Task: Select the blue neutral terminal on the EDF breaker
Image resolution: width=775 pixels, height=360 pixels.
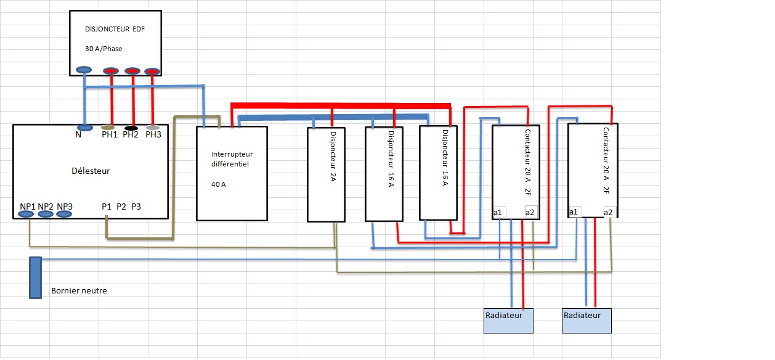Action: (84, 70)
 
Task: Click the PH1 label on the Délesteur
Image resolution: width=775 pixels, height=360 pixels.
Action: (110, 134)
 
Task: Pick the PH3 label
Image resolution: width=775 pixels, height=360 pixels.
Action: (153, 134)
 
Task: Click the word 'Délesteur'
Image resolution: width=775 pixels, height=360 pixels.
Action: (91, 171)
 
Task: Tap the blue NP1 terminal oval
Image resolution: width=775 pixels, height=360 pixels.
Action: (26, 214)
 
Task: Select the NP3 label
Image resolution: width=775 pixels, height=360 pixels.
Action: (65, 206)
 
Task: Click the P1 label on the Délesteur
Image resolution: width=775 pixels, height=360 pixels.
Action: (107, 206)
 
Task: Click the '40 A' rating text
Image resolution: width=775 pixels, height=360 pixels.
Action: (218, 184)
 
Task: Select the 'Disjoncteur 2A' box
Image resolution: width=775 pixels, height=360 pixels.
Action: (326, 174)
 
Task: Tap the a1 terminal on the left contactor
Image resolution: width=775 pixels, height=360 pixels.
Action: (498, 212)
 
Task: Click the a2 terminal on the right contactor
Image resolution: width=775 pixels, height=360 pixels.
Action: (608, 212)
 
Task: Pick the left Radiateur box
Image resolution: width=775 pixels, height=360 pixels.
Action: (508, 321)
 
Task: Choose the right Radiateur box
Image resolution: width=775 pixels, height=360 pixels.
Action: (586, 321)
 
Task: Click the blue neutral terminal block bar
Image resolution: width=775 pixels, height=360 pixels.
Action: (35, 277)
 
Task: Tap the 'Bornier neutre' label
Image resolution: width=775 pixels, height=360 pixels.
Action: (79, 290)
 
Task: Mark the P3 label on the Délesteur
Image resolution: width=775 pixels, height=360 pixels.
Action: (136, 206)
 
